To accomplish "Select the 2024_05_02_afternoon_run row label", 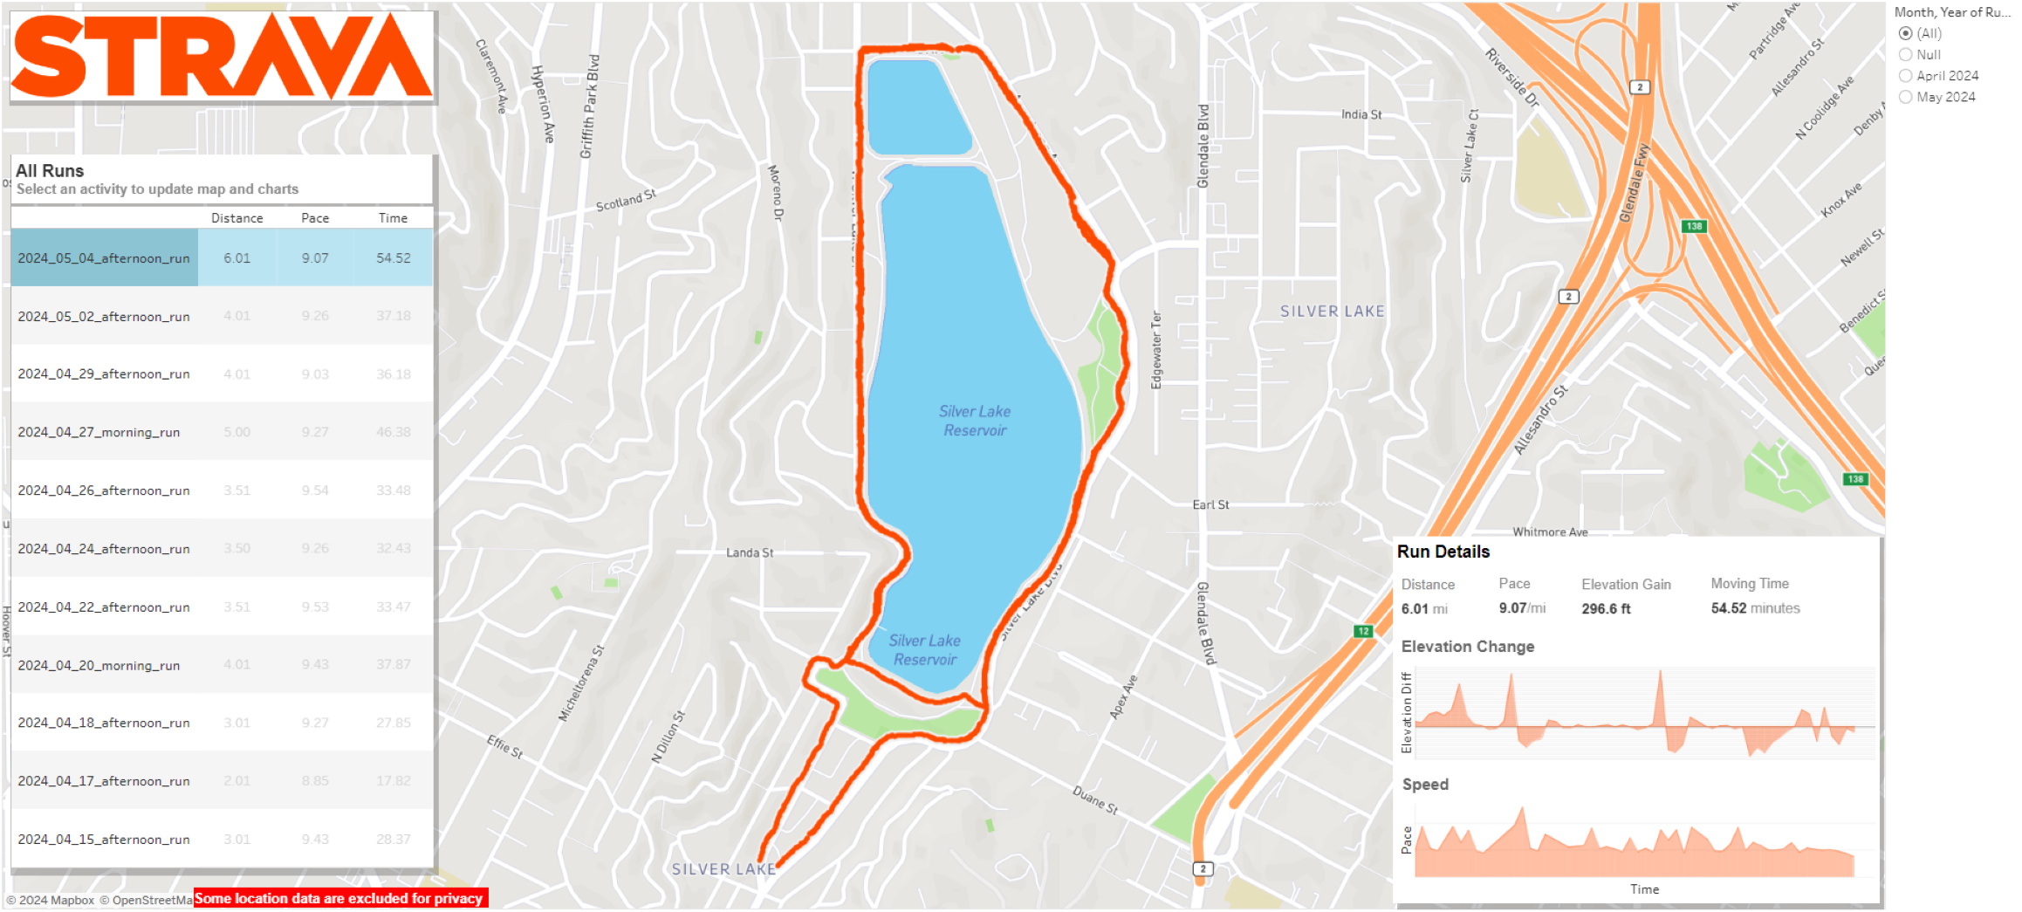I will [x=104, y=317].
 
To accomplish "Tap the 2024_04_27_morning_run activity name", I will [x=99, y=433].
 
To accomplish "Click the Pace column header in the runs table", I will [x=315, y=218].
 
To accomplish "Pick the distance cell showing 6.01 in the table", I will [x=236, y=258].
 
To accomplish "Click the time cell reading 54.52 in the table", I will [x=394, y=258].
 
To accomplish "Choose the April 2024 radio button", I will [x=1906, y=76].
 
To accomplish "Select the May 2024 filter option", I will [x=1906, y=97].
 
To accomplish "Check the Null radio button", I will [x=1906, y=54].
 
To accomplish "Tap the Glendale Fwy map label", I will [x=1635, y=183].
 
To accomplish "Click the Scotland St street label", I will [x=625, y=201].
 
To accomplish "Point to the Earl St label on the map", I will [x=1210, y=505].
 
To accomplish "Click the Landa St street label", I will [x=750, y=552].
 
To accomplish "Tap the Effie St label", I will [x=504, y=746].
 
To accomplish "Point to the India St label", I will [x=1361, y=114].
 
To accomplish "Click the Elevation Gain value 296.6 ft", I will [x=1606, y=609].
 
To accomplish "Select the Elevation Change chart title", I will [x=1467, y=647].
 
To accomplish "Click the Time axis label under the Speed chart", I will [x=1644, y=889].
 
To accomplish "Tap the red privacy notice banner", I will [x=340, y=898].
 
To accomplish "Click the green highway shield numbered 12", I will [x=1362, y=631].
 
